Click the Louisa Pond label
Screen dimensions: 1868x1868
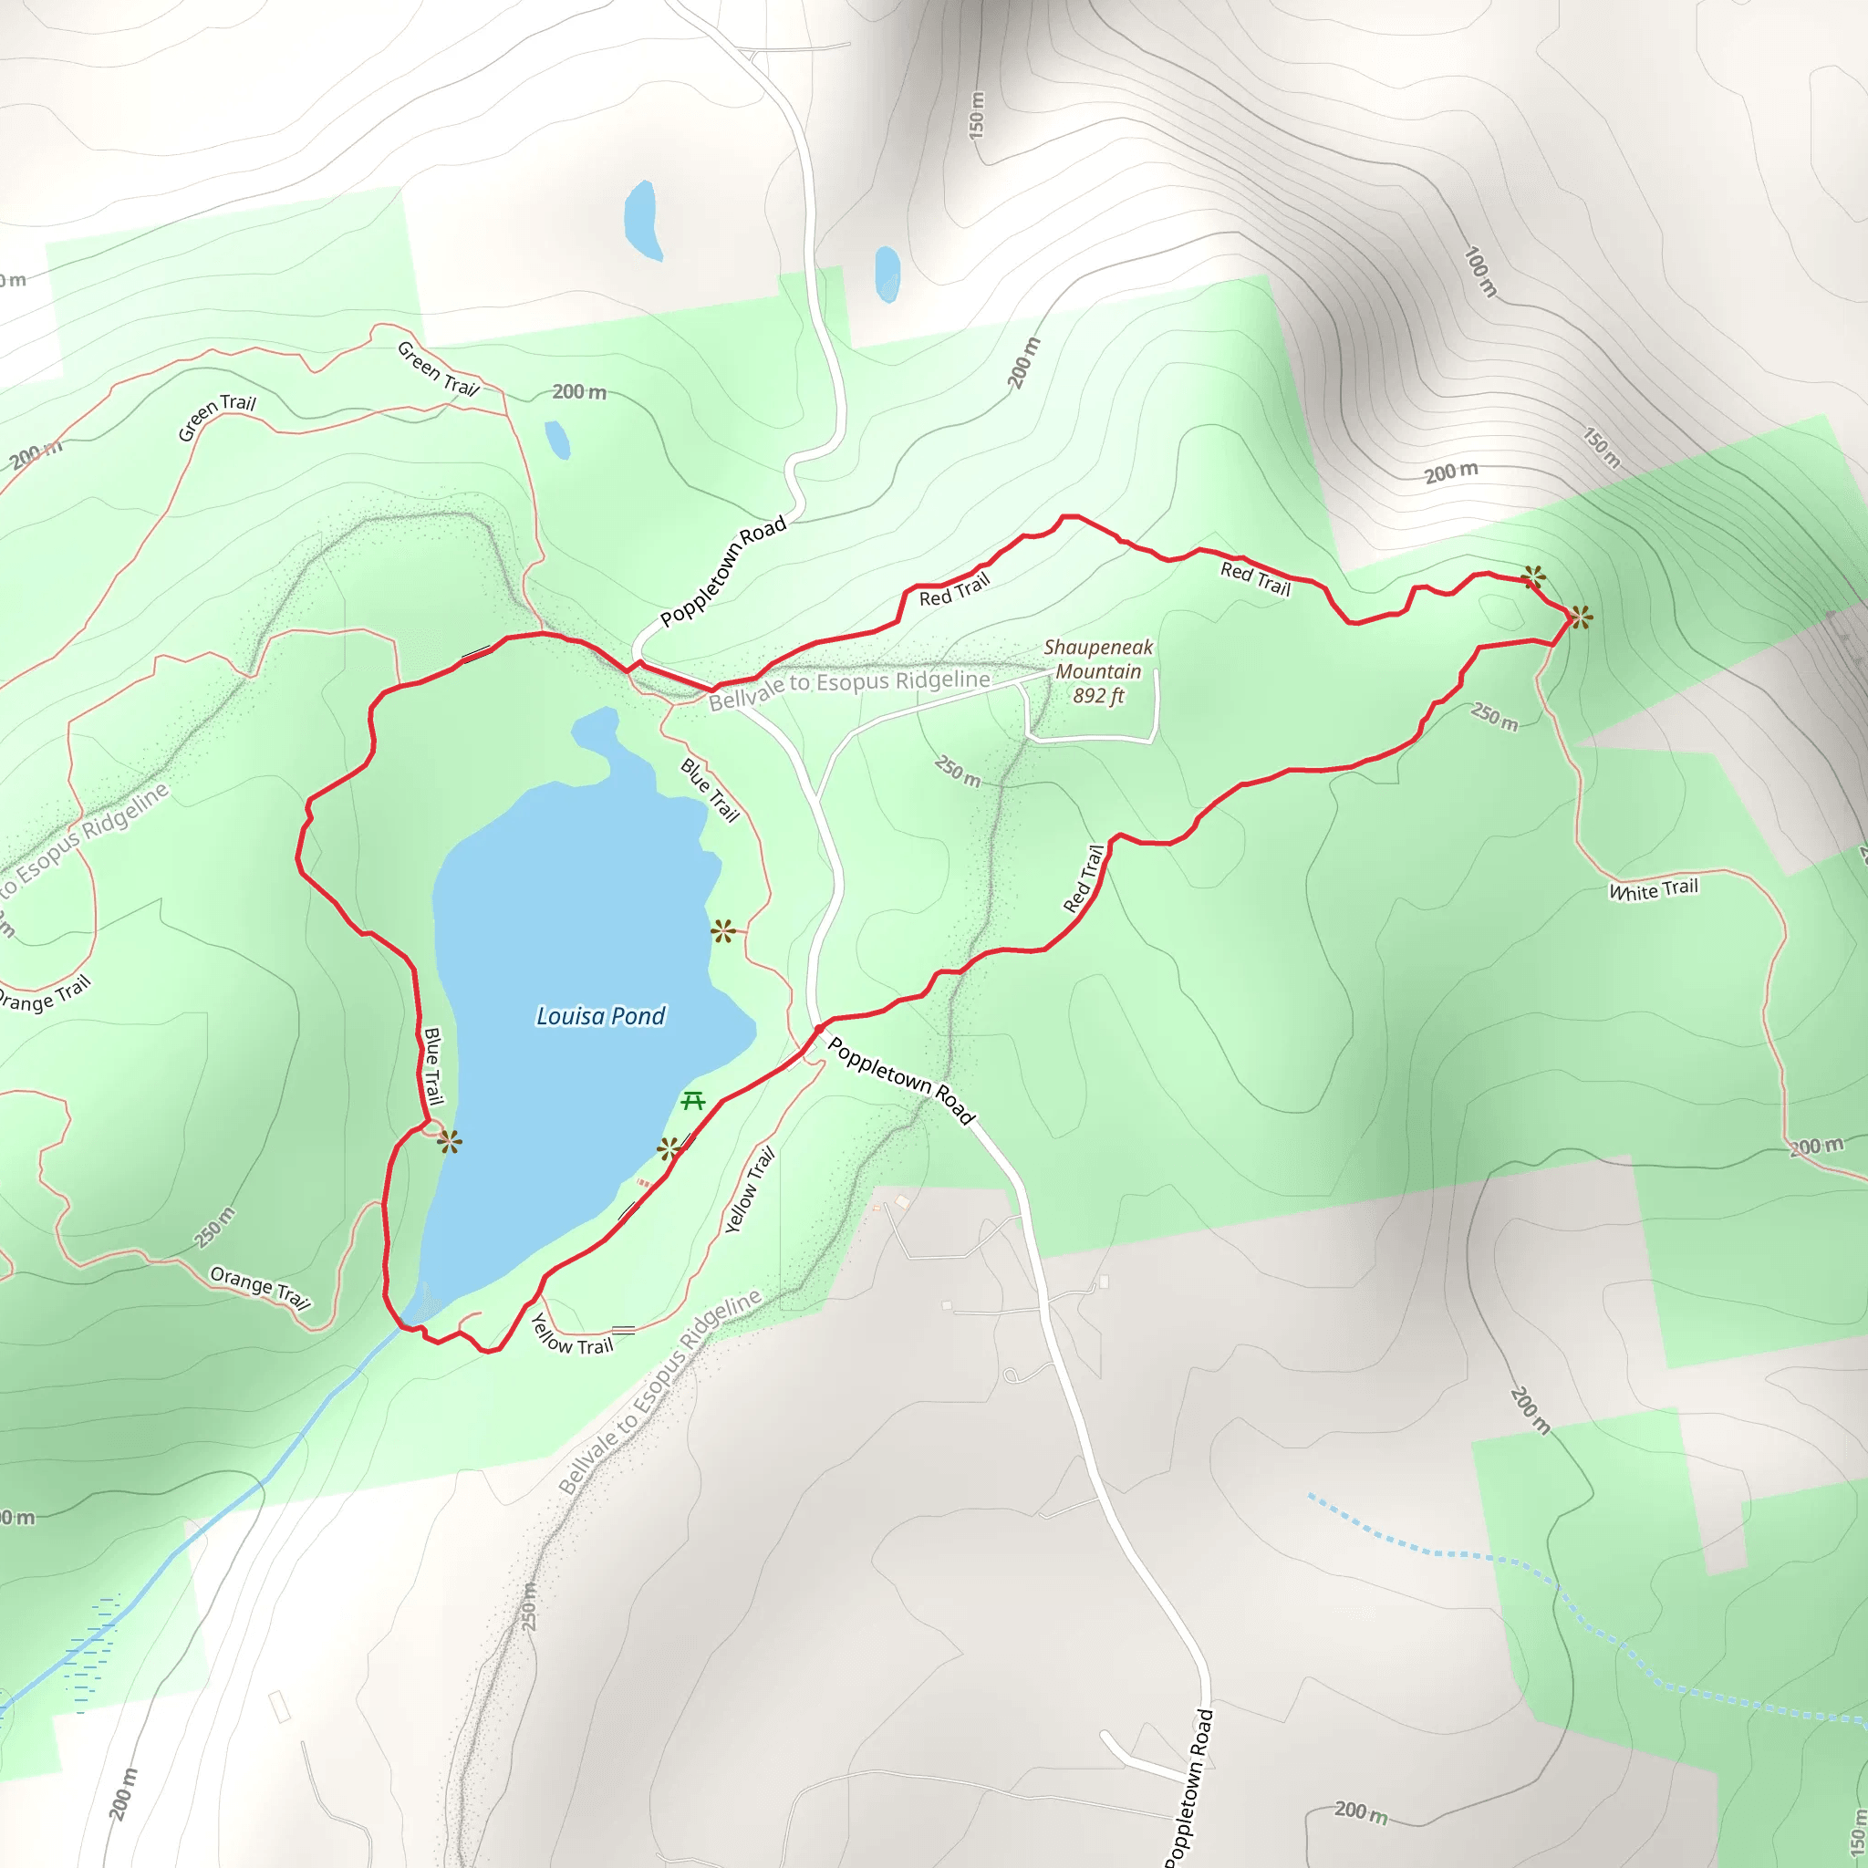(x=600, y=1016)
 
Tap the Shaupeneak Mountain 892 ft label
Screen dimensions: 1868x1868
(x=1098, y=671)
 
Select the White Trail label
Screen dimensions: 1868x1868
(x=1653, y=889)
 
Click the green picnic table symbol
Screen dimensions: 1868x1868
(x=692, y=1100)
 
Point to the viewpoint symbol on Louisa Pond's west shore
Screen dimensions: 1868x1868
(x=449, y=1142)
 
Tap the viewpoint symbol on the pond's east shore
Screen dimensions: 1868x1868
(x=722, y=931)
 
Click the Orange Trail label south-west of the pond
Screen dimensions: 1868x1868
(x=260, y=1287)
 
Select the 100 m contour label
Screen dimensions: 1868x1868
(x=1480, y=272)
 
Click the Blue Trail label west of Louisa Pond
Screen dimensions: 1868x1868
(x=433, y=1066)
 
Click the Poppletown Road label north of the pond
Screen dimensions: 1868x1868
(x=722, y=571)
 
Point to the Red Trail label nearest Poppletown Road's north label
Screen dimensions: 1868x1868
(x=954, y=590)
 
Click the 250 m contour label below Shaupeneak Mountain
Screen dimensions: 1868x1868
(x=957, y=771)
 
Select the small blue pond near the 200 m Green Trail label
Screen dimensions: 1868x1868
(x=557, y=440)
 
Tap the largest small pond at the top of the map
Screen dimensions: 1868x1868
(x=642, y=221)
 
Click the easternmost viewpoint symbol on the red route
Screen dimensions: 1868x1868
(x=1580, y=616)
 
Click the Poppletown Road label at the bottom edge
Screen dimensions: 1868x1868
(x=1191, y=1789)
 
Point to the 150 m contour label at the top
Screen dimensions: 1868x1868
(x=977, y=114)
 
